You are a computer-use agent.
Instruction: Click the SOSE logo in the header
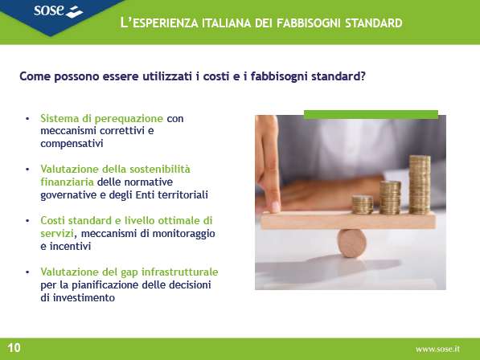[x=58, y=11]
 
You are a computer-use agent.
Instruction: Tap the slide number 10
[x=14, y=348]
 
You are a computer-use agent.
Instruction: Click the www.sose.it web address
[x=437, y=349]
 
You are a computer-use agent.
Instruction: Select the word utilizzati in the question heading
[x=167, y=76]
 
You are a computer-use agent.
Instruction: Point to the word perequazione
[x=129, y=119]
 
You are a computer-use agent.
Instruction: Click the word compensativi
[x=72, y=144]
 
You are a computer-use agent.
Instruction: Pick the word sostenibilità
[x=155, y=169]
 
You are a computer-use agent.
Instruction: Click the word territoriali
[x=183, y=194]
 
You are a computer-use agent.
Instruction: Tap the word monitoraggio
[x=183, y=234]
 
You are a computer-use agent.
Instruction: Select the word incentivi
[x=71, y=246]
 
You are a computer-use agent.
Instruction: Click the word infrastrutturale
[x=179, y=272]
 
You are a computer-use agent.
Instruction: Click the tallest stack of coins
[x=420, y=185]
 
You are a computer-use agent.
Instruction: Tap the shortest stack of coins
[x=363, y=205]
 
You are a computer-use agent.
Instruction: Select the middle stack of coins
[x=390, y=198]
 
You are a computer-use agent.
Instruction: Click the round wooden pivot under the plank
[x=351, y=243]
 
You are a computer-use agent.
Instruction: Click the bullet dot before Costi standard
[x=27, y=220]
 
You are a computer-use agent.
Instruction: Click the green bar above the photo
[x=371, y=114]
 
